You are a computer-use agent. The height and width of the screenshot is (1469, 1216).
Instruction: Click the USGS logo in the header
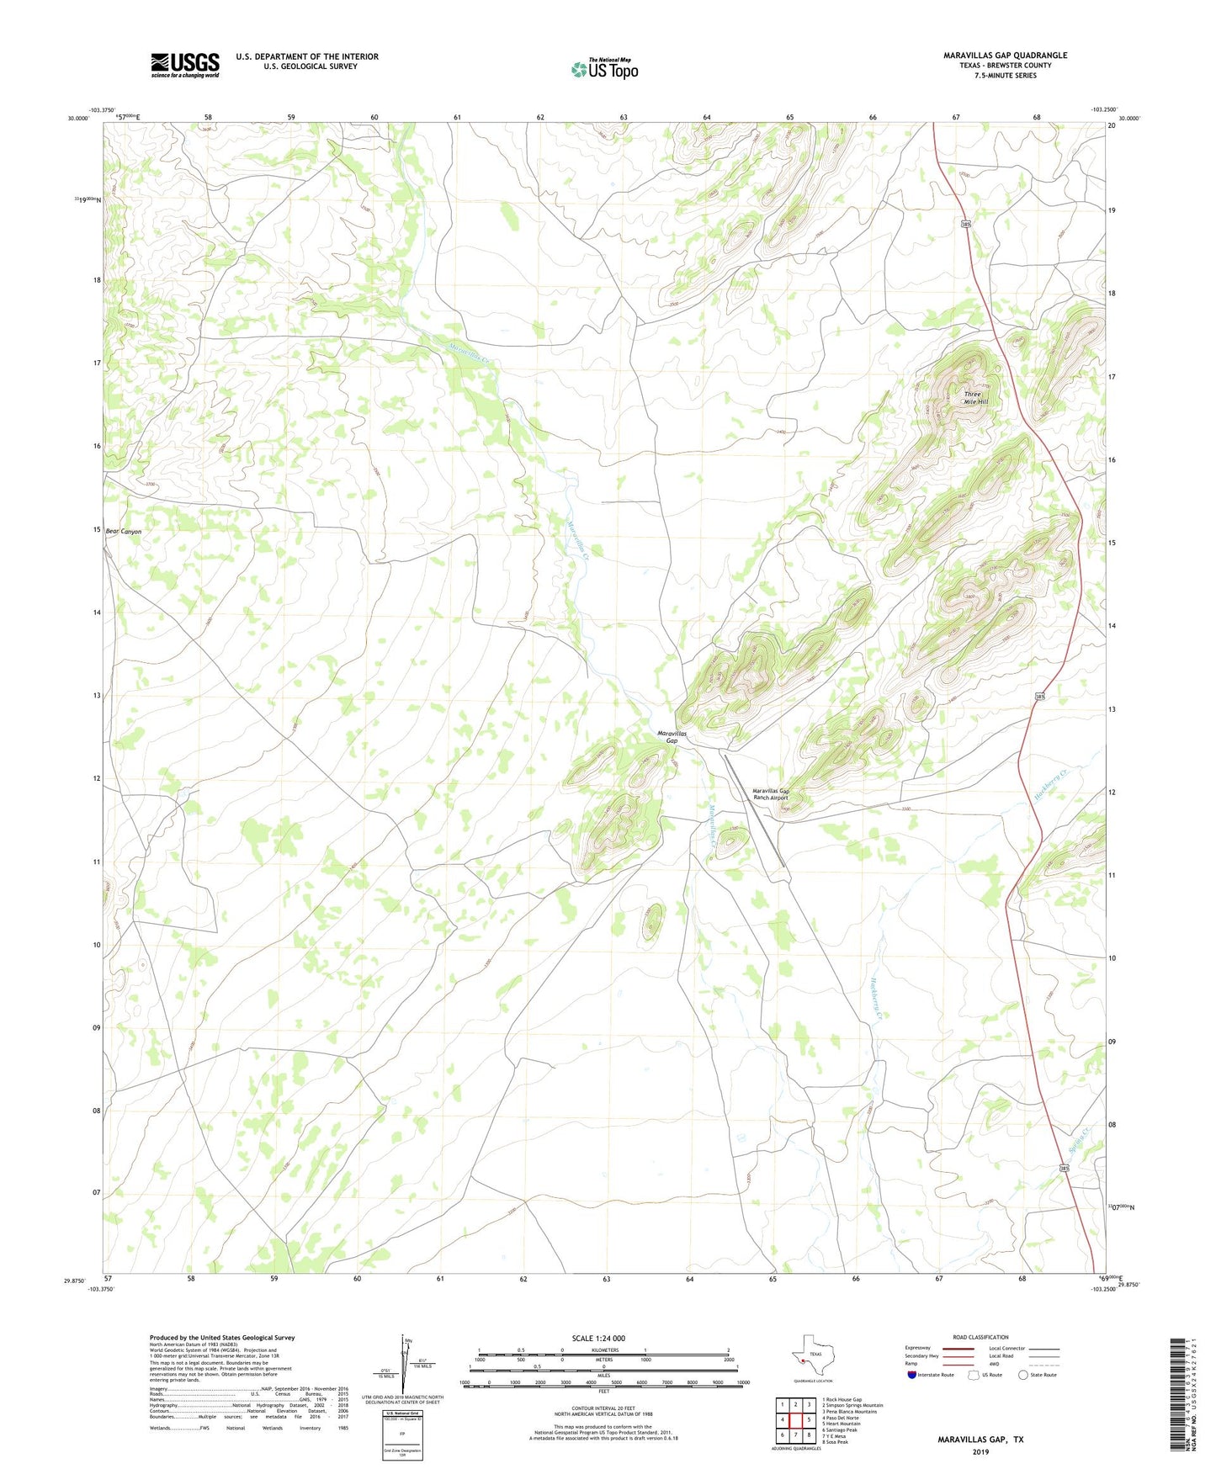[x=185, y=65]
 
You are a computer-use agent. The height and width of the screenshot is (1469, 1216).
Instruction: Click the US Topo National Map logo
[x=604, y=68]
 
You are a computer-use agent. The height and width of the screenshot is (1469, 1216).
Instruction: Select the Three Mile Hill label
[x=975, y=398]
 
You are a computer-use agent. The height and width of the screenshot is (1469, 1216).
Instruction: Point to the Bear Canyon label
[x=124, y=532]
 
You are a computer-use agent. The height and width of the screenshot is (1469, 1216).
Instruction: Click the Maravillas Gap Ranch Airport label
[x=770, y=794]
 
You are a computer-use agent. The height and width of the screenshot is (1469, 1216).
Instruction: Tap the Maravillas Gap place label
[x=672, y=737]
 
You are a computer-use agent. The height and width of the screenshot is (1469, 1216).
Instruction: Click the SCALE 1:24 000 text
[x=598, y=1338]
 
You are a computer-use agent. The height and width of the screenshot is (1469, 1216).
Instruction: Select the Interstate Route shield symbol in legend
[x=912, y=1375]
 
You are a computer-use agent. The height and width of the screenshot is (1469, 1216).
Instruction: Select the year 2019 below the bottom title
[x=980, y=1451]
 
